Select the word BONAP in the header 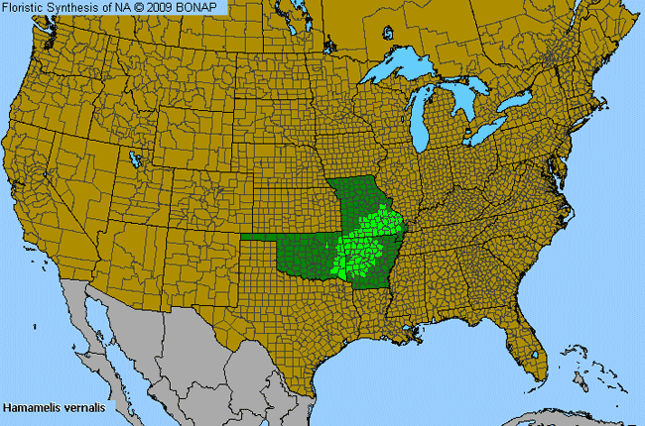click(201, 7)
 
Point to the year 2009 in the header click(162, 7)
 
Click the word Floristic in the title click(26, 7)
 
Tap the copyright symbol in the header click(139, 7)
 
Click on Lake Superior click(407, 70)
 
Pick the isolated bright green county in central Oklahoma click(326, 243)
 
